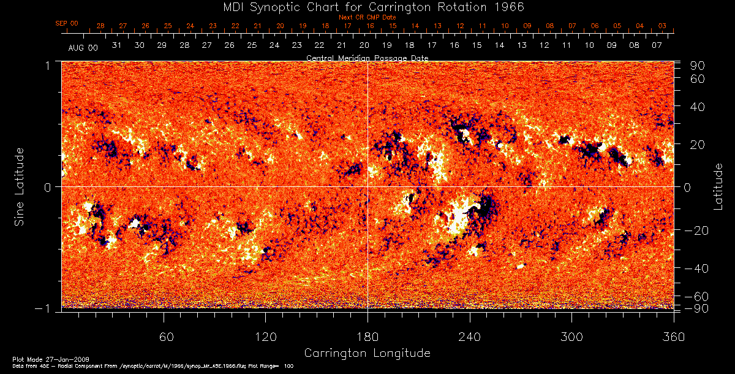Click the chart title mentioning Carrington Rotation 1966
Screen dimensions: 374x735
367,7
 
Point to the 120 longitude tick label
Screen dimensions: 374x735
265,337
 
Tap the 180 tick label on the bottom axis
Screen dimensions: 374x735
367,337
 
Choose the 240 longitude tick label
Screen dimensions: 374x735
470,337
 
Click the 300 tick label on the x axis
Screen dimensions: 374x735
571,337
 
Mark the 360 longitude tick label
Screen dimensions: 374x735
674,337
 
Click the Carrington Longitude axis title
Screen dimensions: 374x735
367,353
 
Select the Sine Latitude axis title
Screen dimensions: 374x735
20,185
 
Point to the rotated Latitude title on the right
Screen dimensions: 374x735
718,186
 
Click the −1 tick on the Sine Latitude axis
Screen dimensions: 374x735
46,308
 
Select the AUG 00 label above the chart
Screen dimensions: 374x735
83,47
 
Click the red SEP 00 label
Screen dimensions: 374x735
67,23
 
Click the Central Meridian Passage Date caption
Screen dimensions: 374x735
367,58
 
